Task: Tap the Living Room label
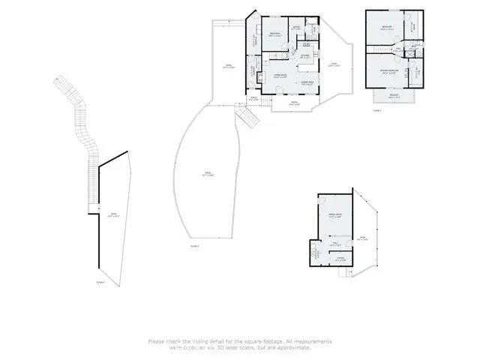pyautogui.click(x=279, y=77)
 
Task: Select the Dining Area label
pyautogui.click(x=307, y=82)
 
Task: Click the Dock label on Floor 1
pyautogui.click(x=115, y=213)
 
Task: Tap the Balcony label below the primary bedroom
pyautogui.click(x=394, y=95)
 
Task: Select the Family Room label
pyautogui.click(x=334, y=215)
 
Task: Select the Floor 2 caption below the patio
pyautogui.click(x=194, y=245)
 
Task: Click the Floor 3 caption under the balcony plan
pyautogui.click(x=376, y=110)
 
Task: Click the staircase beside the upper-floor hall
pyautogui.click(x=383, y=49)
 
